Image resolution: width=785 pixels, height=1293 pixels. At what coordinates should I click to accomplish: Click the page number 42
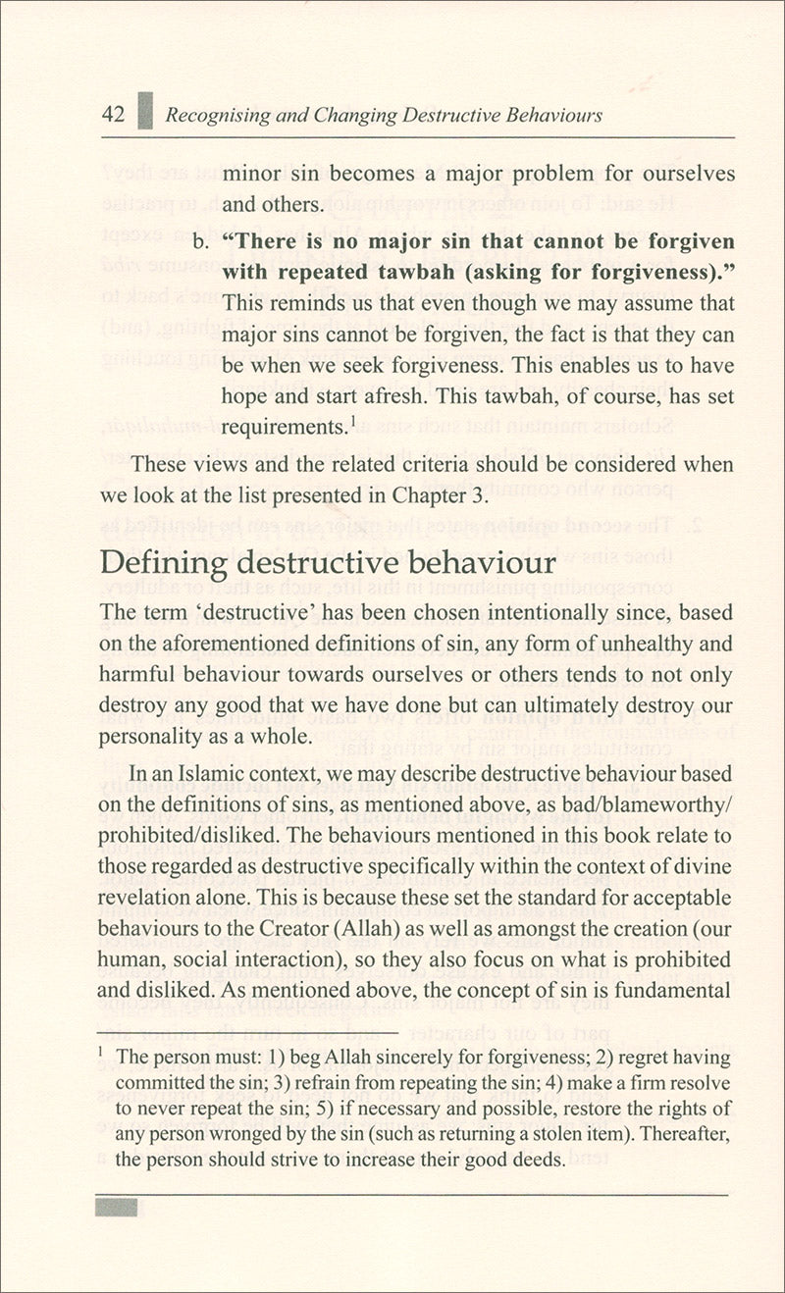point(113,115)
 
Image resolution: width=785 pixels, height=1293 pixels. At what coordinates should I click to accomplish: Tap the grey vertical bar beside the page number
point(146,112)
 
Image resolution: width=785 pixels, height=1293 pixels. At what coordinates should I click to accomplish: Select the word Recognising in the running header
point(215,116)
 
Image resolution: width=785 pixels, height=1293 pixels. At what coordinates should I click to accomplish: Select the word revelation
point(146,898)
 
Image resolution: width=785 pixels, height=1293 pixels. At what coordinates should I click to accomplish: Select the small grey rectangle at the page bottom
point(117,1207)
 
